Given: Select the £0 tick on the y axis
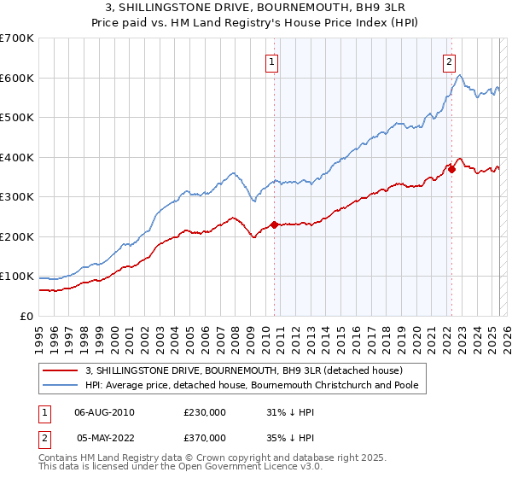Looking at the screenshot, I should pyautogui.click(x=26, y=316).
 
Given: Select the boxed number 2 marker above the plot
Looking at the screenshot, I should pyautogui.click(x=449, y=61).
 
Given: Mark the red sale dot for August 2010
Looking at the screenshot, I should pyautogui.click(x=274, y=224).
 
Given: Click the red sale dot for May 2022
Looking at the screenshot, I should pyautogui.click(x=451, y=169).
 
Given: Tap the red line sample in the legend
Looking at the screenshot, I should pyautogui.click(x=60, y=370).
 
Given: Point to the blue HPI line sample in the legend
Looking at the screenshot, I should pyautogui.click(x=60, y=385).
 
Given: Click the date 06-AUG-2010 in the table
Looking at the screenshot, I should pyautogui.click(x=105, y=412).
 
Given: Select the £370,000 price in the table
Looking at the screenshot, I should pyautogui.click(x=205, y=437).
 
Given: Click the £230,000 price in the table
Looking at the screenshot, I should pyautogui.click(x=205, y=412).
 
